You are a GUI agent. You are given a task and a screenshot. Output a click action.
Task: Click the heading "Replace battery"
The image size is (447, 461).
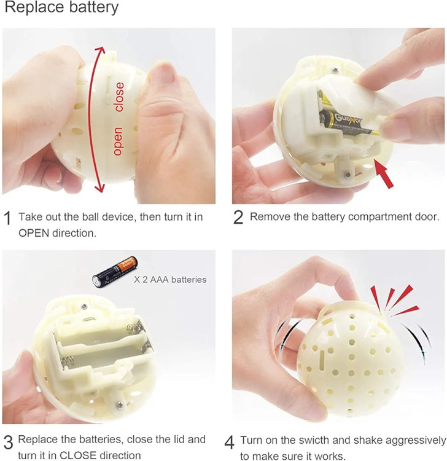61,7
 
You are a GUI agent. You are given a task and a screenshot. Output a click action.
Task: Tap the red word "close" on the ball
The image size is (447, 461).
119,97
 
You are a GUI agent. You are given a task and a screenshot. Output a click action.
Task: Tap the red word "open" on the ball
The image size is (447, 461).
118,141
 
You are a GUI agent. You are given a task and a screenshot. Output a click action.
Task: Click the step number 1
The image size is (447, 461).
7,218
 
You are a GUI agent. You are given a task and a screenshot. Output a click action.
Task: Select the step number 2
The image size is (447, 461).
238,218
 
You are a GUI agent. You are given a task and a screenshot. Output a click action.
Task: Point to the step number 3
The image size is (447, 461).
9,442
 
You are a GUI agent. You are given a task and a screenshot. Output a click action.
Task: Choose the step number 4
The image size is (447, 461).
230,442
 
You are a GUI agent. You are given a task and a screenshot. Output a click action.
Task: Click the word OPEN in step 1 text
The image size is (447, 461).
34,233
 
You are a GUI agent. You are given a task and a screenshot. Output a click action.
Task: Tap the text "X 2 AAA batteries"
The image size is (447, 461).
170,279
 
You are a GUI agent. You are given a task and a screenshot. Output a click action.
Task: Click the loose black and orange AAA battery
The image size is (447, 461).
115,272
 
